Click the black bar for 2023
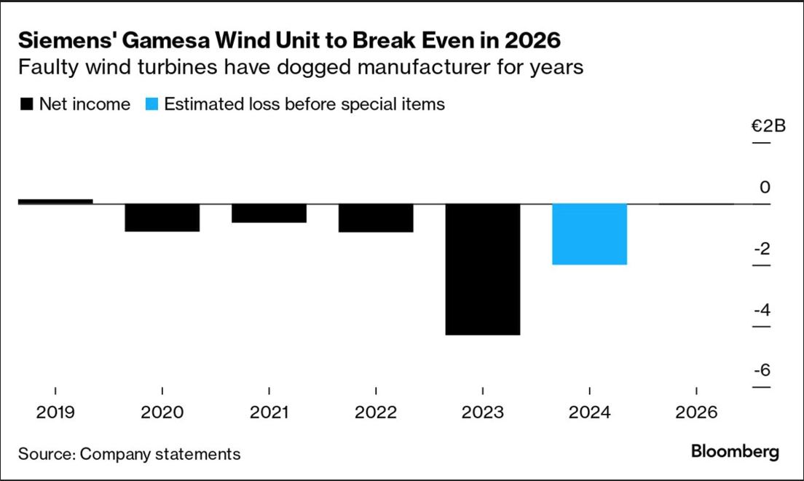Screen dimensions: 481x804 coord(483,269)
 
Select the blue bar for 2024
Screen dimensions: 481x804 coord(589,234)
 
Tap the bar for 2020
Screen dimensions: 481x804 coord(162,217)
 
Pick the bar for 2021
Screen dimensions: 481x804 coord(269,213)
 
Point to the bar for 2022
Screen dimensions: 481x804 coord(376,218)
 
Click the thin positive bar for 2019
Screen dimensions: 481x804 coord(55,201)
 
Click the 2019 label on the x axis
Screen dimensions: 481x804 coord(55,413)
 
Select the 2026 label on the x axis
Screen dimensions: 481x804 coord(696,413)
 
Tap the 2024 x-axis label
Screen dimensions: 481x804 coord(589,413)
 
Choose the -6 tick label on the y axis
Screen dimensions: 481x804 coord(761,371)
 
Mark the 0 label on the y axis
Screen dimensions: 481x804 coord(765,187)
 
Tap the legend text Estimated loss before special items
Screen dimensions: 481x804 coord(304,104)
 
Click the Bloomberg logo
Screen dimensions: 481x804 coord(734,451)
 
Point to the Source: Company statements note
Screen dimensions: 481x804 coord(129,454)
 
